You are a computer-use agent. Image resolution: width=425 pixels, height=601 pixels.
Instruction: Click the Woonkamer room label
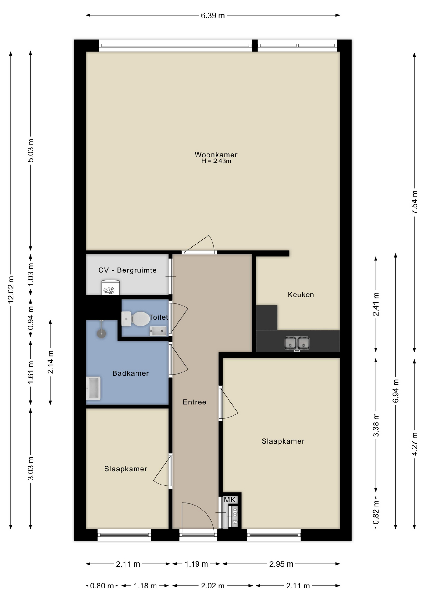[216, 155]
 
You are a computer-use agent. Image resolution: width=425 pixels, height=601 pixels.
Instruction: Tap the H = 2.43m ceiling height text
[216, 161]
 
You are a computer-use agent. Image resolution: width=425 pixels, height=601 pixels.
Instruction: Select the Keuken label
[301, 295]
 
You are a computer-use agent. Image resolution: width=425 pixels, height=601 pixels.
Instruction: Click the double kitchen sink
[297, 343]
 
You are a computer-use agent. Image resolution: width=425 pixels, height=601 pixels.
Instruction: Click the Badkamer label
[131, 373]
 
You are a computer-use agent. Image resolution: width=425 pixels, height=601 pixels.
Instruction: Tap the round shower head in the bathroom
[101, 334]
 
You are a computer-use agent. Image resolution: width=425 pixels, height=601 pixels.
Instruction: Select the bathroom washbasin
[93, 388]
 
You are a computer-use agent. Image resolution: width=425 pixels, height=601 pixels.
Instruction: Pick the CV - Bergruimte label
[127, 270]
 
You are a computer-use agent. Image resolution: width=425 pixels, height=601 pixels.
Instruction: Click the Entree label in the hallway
[194, 402]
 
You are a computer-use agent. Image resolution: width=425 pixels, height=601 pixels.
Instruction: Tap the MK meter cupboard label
[229, 500]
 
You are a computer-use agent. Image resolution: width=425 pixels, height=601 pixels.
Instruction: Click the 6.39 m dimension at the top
[213, 15]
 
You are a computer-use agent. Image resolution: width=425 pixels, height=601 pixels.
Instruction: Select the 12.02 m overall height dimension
[11, 290]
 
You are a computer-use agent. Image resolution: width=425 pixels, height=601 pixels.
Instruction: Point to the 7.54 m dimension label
[415, 202]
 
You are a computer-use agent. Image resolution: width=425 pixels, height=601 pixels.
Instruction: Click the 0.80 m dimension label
[102, 586]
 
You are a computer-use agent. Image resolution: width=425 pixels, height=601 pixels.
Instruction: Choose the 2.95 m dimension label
[281, 564]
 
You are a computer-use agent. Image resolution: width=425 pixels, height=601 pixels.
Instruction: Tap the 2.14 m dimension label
[50, 362]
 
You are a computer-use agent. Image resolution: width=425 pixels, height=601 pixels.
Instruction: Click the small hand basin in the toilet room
[158, 331]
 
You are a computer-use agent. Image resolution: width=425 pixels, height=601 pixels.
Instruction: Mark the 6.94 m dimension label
[396, 391]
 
